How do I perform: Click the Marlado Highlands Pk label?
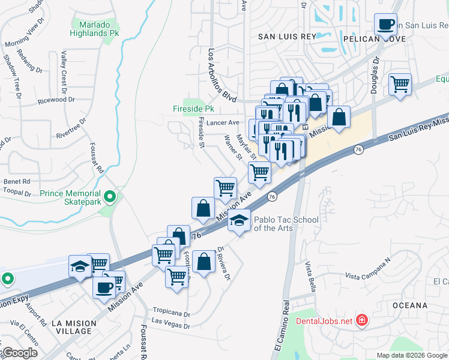pos(95,29)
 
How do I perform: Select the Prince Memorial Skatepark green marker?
pos(109,196)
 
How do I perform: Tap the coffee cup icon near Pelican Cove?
pos(385,24)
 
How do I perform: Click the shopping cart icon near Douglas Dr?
pos(399,83)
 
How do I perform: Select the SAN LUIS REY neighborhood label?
pos(287,37)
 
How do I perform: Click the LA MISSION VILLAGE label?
pos(74,328)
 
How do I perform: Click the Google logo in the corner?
pos(19,353)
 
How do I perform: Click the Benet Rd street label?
pos(17,181)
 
